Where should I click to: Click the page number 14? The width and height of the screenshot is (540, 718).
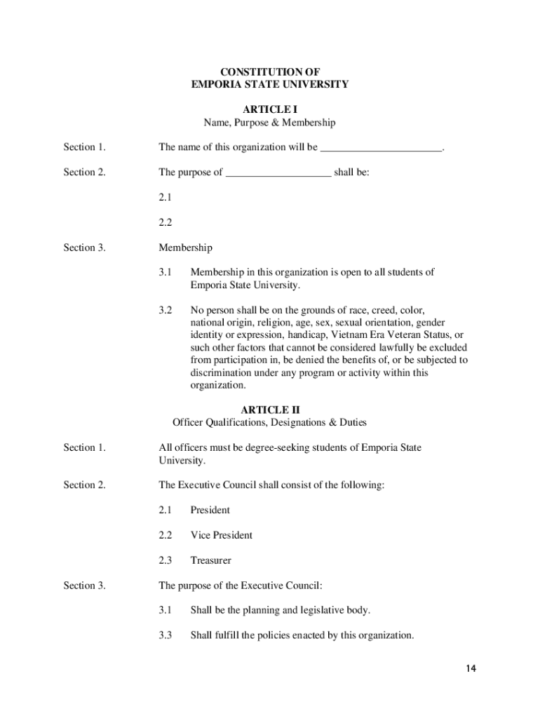point(471,669)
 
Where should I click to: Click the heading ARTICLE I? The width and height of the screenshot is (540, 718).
point(270,109)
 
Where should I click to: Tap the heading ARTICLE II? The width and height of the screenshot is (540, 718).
point(270,409)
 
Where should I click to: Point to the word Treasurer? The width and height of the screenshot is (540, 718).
point(211,560)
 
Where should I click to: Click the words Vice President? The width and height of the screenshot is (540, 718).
point(222,535)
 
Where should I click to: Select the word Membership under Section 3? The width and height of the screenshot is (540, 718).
point(185,248)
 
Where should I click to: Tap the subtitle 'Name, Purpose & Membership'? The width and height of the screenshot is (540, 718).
point(270,123)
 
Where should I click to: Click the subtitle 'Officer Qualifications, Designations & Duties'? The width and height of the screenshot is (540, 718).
point(270,423)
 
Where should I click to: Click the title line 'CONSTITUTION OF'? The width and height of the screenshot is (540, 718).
point(270,72)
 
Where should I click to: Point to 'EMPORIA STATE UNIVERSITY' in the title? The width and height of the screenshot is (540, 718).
point(270,84)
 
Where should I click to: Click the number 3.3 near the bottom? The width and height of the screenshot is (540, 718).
point(166,635)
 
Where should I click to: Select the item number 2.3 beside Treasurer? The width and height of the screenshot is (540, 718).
point(166,560)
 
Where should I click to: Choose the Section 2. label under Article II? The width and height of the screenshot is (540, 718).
point(84,485)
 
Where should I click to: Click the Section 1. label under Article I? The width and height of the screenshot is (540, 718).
point(84,147)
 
